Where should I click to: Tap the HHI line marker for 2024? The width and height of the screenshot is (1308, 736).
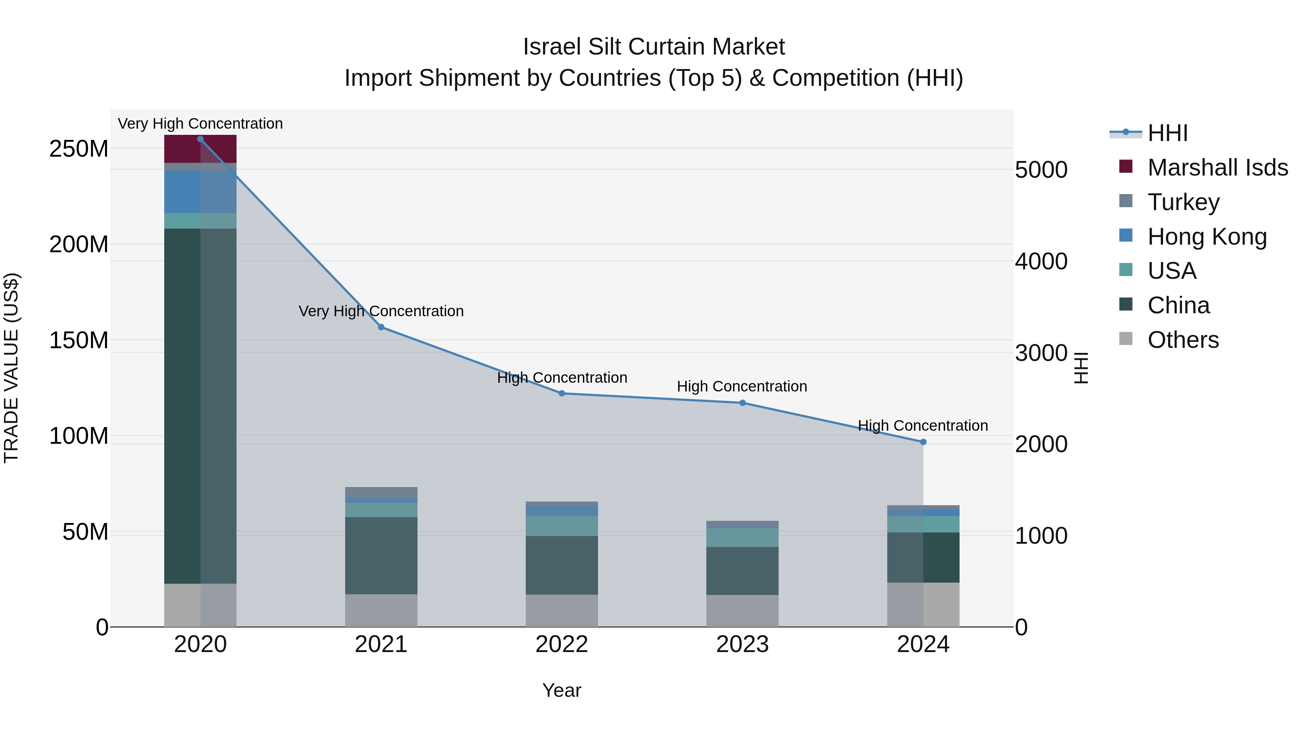coord(923,442)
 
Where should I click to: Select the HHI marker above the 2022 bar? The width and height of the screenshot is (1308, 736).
coord(562,393)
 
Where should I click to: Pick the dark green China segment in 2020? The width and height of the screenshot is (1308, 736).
coord(200,406)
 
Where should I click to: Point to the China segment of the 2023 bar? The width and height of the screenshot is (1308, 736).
coord(742,571)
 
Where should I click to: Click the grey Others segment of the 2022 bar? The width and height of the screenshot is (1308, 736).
coord(562,611)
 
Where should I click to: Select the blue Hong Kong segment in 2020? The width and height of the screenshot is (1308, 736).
coord(200,192)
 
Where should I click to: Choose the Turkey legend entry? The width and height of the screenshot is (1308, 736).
coord(1183,202)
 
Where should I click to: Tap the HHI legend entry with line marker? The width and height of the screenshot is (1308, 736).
coord(1167,133)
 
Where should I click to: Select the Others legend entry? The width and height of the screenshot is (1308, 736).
coord(1183,340)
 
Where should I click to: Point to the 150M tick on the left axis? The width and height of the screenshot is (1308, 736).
coord(79,340)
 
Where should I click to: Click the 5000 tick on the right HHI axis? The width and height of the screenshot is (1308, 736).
coord(1041,170)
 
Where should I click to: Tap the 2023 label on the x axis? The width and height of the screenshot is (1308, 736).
coord(742,644)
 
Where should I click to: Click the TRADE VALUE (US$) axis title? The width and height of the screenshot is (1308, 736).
coord(11,368)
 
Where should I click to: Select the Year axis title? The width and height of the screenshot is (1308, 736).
coord(562,690)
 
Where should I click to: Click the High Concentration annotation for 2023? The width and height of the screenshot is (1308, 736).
coord(742,387)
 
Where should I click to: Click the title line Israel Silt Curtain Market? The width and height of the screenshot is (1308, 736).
coord(654,47)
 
